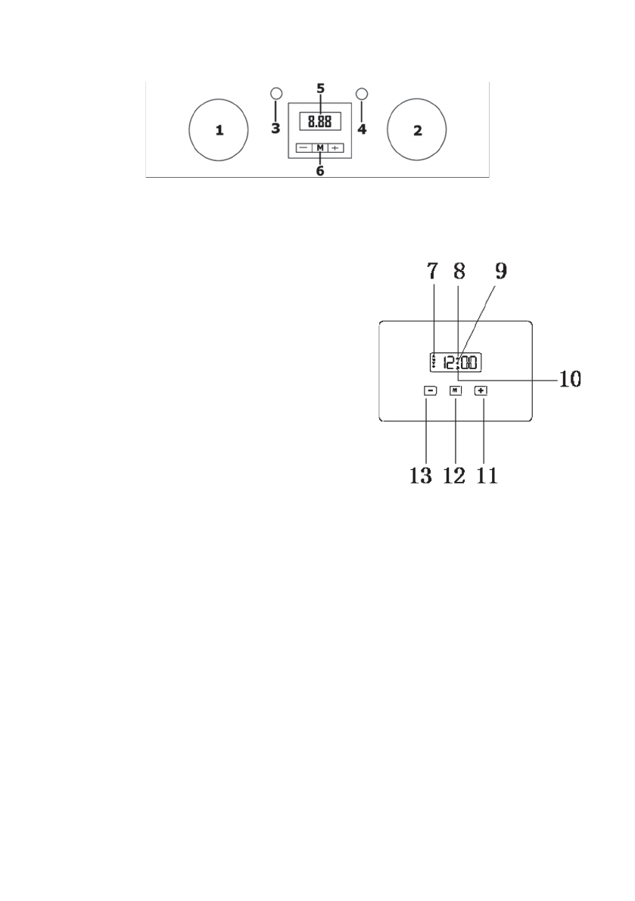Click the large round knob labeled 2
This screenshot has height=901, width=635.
pyautogui.click(x=416, y=129)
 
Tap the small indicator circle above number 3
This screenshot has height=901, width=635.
pyautogui.click(x=276, y=94)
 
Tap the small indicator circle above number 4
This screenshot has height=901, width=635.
pyautogui.click(x=362, y=94)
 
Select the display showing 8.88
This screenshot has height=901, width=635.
pyautogui.click(x=319, y=122)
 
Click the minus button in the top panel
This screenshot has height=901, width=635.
pyautogui.click(x=302, y=148)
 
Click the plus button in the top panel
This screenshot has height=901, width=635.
pyautogui.click(x=336, y=148)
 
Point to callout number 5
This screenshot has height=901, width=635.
pyautogui.click(x=320, y=89)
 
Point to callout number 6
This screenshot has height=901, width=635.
pyautogui.click(x=319, y=171)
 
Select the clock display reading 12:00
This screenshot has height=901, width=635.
pyautogui.click(x=451, y=363)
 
